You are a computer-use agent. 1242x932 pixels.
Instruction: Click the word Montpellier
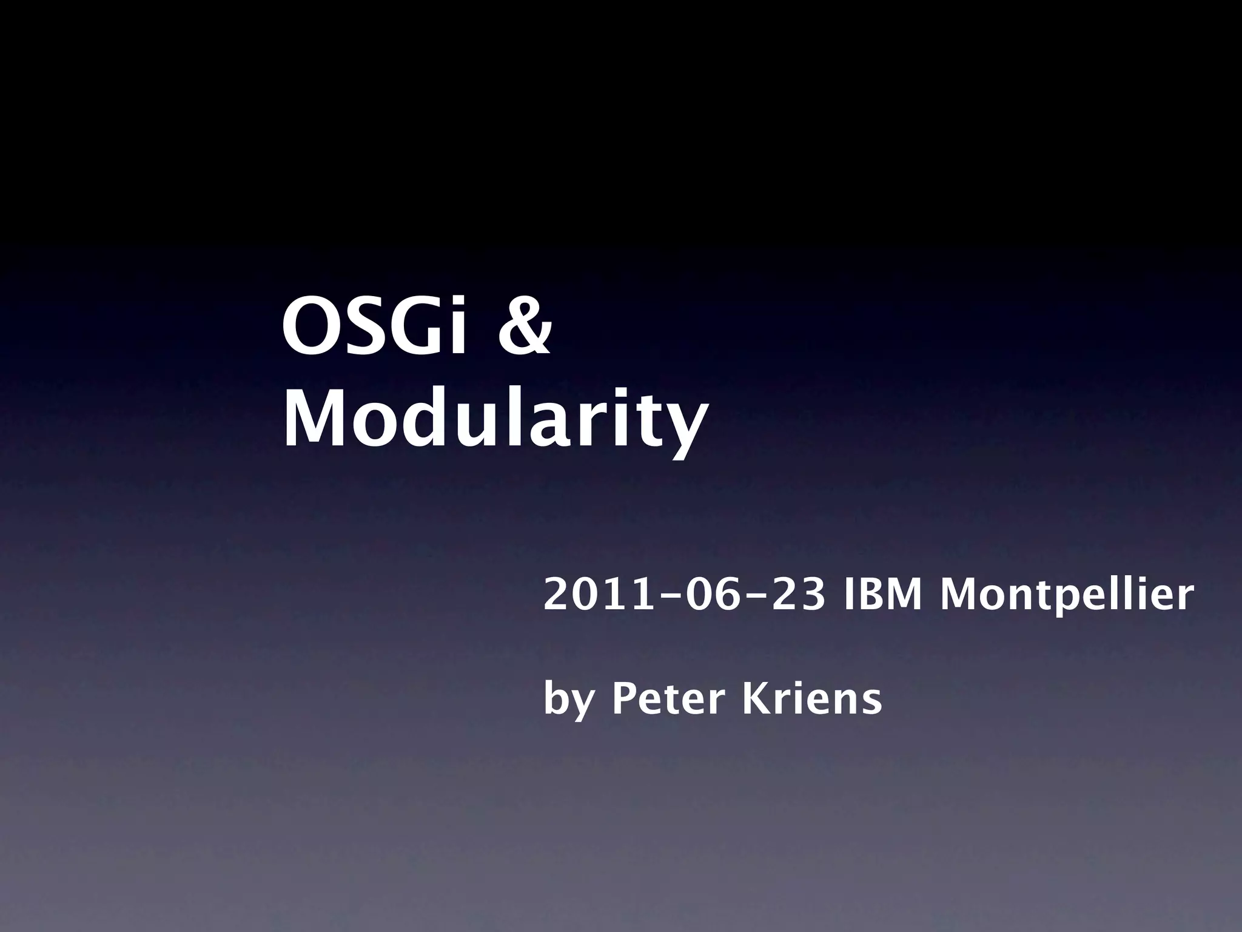[1067, 596]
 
